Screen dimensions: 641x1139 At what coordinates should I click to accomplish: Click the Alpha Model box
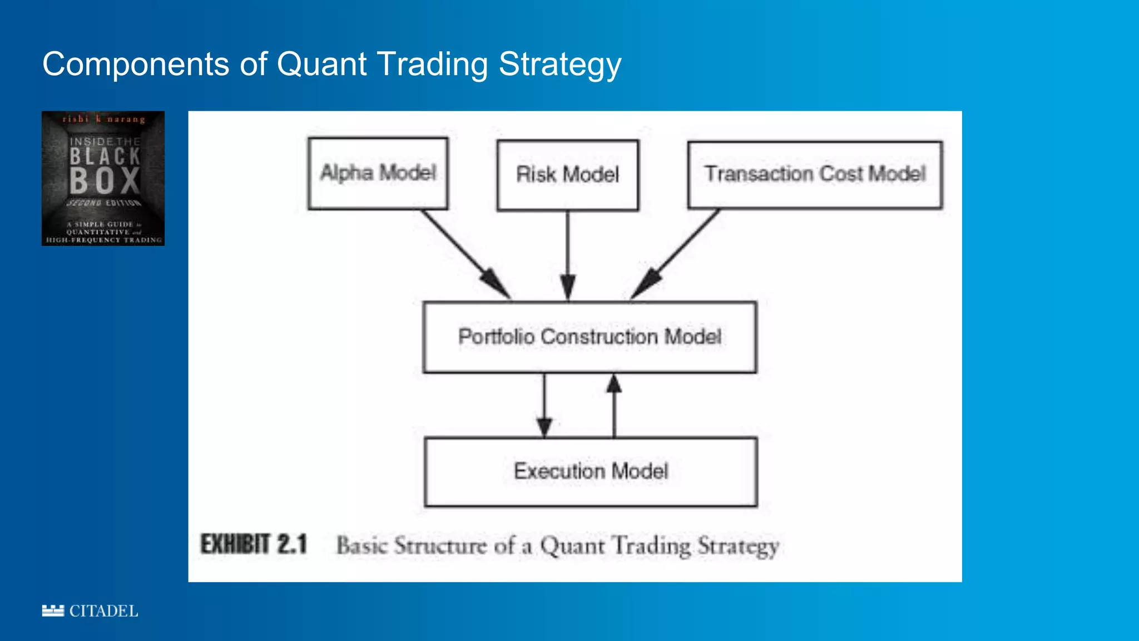[x=378, y=173]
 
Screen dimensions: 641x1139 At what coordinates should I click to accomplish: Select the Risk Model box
[x=567, y=175]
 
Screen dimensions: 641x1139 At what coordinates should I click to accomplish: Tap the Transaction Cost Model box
[x=815, y=174]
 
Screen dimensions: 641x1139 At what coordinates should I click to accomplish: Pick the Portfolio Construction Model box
[x=590, y=337]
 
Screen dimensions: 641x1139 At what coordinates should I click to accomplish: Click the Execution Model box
[x=591, y=471]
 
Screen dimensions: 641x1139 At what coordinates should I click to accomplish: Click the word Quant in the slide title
[x=321, y=64]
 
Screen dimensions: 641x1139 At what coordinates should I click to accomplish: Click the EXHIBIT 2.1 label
[x=254, y=544]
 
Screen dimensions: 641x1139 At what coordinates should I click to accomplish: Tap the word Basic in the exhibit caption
[x=361, y=545]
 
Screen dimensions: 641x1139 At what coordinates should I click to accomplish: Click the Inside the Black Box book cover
[x=103, y=178]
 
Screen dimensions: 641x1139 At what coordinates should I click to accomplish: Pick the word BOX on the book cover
[x=105, y=181]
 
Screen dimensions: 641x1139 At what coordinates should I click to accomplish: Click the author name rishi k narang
[x=103, y=119]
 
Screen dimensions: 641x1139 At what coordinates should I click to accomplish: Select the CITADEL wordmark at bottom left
[x=103, y=611]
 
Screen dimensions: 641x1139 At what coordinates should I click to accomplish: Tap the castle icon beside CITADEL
[x=53, y=611]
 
